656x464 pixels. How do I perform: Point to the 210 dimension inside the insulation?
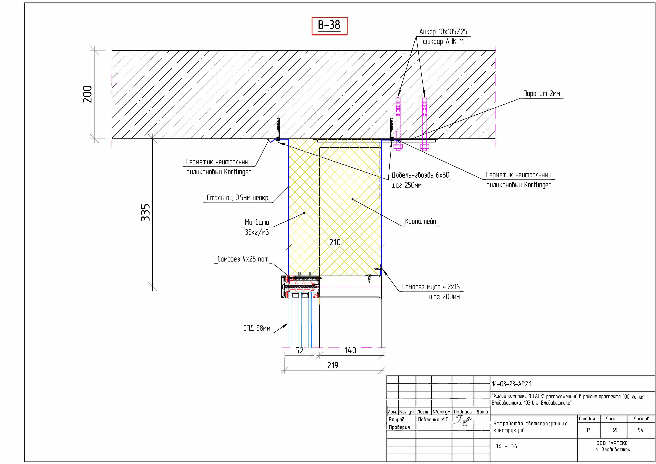coord(335,242)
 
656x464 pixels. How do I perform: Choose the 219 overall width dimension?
coord(333,365)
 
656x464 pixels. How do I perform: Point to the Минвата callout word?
coord(257,222)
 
